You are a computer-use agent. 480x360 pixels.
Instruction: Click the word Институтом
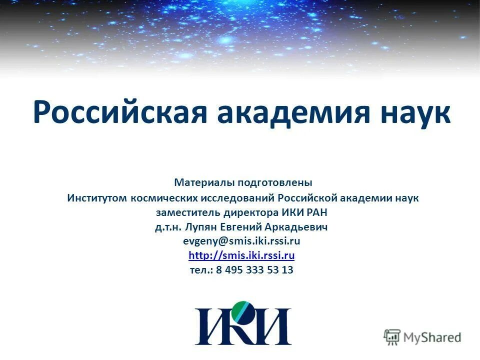(97, 198)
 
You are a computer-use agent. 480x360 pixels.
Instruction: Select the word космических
(164, 198)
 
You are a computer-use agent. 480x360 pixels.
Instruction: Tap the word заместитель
(186, 212)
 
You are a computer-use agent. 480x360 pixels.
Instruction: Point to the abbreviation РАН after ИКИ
(317, 212)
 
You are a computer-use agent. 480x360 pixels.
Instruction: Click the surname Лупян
(203, 227)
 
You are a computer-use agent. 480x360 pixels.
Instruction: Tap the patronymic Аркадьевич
(301, 227)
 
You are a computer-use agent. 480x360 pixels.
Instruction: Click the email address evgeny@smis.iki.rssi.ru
(241, 241)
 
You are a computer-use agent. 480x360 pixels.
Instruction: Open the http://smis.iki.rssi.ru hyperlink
(241, 256)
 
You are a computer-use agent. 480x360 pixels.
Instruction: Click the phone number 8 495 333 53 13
(255, 270)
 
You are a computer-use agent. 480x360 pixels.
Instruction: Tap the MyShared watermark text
(432, 337)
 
